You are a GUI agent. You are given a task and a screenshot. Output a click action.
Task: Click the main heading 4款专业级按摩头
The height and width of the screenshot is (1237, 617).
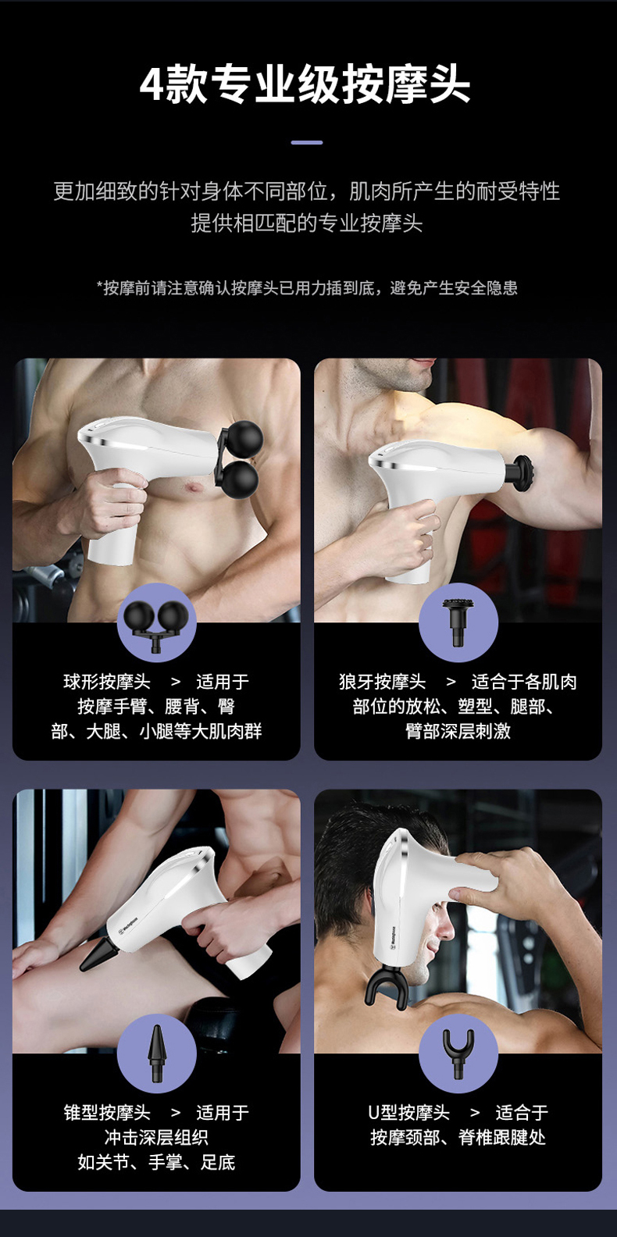305,85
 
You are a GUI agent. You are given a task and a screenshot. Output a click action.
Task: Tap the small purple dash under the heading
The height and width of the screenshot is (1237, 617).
307,142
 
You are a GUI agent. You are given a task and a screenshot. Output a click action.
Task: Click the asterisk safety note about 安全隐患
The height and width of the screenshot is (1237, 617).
307,287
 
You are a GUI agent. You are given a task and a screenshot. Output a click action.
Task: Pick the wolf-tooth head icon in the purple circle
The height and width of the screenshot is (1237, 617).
458,622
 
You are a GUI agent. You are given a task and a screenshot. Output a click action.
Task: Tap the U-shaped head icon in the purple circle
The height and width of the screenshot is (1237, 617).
458,1053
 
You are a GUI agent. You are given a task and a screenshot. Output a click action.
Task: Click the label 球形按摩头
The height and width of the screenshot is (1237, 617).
106,682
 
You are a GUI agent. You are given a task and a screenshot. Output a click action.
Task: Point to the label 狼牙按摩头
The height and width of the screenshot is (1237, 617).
382,682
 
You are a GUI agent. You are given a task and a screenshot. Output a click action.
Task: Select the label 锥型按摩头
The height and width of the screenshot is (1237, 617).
106,1112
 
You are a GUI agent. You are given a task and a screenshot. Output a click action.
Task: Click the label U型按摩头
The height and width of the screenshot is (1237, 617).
408,1112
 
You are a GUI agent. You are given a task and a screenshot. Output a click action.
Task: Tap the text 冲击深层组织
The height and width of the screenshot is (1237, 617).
156,1137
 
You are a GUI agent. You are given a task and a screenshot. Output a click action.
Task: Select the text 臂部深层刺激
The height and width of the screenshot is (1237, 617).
458,731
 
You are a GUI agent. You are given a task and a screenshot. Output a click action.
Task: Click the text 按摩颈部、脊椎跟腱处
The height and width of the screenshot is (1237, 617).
458,1137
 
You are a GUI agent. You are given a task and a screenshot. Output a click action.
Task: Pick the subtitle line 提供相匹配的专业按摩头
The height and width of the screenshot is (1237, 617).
307,223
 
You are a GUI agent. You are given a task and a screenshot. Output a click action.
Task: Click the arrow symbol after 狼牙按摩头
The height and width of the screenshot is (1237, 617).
451,682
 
